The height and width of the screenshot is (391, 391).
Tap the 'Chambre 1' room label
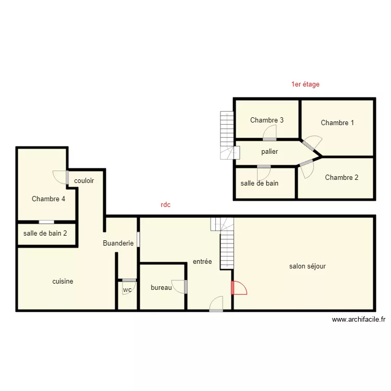337,123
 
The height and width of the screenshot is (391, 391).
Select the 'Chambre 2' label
341,178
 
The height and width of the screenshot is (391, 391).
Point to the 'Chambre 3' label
267,120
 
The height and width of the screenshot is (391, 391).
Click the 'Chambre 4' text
48,199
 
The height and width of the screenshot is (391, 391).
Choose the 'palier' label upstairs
270,152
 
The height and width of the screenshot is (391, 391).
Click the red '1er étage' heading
306,84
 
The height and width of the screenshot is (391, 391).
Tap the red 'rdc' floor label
166,205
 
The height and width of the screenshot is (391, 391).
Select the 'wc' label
127,290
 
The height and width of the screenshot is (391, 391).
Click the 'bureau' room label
161,287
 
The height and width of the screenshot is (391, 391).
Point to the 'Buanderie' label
118,243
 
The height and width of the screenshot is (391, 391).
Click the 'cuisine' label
63,282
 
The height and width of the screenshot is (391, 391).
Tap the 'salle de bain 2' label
45,233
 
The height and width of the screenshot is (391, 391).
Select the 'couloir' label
84,180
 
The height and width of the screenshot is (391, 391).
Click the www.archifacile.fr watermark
358,320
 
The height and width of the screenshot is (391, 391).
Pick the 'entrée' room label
202,261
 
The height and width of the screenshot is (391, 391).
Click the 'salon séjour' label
308,266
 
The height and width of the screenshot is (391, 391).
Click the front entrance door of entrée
216,303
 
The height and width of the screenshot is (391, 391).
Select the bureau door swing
179,287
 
